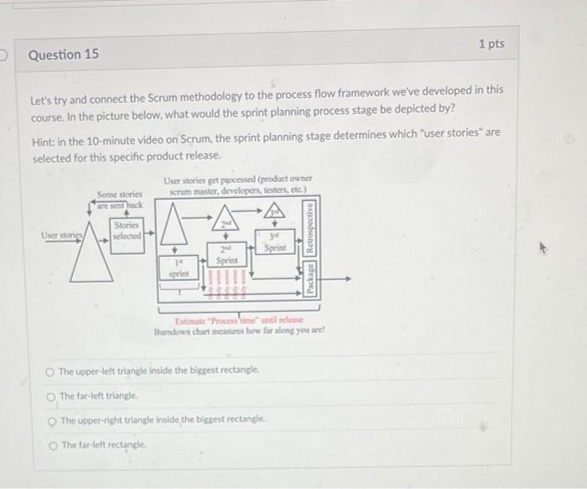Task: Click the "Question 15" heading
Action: point(64,55)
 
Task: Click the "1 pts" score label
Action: point(491,44)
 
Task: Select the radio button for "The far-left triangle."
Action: point(51,395)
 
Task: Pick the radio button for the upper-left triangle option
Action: point(51,370)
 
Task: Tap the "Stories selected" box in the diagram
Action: point(128,231)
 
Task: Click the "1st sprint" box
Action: point(177,268)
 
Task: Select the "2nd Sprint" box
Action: point(225,257)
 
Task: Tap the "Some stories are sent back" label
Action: point(119,200)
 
